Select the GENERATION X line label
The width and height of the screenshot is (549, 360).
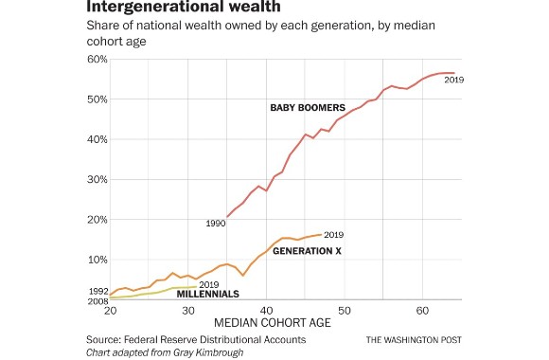[x=307, y=251]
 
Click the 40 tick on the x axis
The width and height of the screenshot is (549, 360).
[x=267, y=311]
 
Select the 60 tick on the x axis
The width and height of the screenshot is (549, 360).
[x=423, y=311]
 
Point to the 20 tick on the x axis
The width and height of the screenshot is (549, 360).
[x=110, y=311]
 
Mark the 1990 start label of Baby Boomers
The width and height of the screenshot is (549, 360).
[x=214, y=223]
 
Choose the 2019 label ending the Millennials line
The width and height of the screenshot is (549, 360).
[x=208, y=284]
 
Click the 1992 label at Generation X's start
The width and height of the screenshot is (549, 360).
[x=97, y=291]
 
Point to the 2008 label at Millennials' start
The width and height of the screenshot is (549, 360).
[x=97, y=300]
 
